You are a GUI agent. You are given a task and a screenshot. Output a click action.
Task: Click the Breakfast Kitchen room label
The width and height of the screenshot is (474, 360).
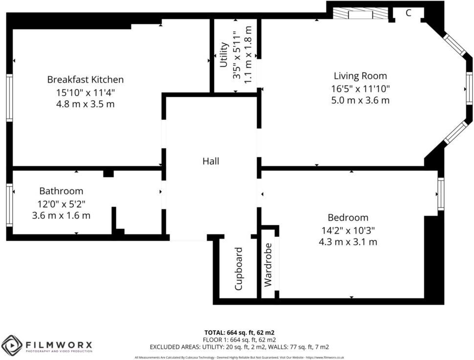85,79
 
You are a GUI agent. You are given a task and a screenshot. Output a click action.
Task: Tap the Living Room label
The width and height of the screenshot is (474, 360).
360,76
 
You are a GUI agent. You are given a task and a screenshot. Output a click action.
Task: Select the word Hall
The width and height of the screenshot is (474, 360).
211,161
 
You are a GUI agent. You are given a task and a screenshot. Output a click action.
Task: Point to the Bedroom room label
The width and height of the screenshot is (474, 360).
348,218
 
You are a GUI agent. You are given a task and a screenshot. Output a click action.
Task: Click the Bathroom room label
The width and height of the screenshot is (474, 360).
61,191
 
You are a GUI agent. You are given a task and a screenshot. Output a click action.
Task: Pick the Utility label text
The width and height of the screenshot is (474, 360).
224,55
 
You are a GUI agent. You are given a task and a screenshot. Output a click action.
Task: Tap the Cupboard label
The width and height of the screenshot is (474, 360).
239,269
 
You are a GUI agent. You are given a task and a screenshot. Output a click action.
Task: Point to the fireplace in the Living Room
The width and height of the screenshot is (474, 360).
361,14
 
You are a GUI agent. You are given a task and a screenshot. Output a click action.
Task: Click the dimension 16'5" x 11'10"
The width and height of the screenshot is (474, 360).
360,89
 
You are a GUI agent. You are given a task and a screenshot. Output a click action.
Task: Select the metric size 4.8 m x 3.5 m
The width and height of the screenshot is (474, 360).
85,104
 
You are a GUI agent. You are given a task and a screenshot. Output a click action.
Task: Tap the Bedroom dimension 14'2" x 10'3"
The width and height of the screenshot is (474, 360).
348,230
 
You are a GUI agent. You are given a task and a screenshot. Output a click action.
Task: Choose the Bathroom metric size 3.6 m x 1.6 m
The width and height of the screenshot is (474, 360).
61,215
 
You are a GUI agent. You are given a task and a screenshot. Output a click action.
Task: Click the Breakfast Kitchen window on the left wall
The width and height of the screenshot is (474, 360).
9,97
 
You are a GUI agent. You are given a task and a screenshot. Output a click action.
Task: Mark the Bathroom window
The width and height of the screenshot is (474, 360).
9,205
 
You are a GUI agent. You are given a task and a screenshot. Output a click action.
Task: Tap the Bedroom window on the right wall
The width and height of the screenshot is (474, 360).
441,194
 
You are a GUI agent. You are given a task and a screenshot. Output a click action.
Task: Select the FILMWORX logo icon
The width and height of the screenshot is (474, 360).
11,346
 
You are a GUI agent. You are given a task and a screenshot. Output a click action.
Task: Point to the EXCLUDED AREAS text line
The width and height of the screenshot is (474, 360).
239,347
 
